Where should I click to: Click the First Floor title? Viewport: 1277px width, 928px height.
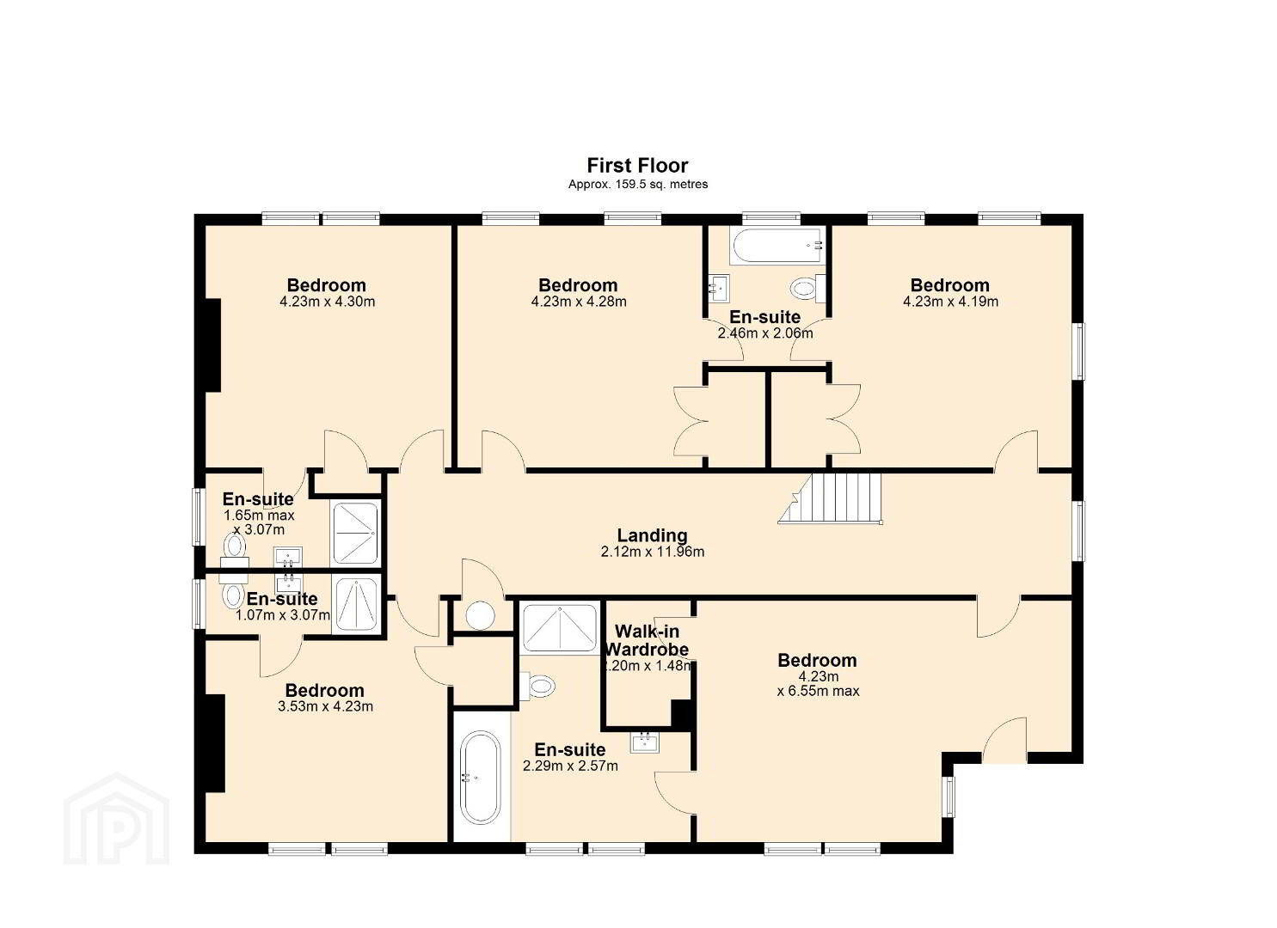point(637,166)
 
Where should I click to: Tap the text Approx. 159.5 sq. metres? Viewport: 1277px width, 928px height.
point(638,185)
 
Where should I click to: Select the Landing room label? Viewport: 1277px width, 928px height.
point(652,535)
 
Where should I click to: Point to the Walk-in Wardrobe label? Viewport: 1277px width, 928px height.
point(647,640)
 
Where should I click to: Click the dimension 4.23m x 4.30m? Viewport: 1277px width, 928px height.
point(328,302)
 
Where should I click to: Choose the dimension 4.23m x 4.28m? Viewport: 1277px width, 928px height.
point(579,302)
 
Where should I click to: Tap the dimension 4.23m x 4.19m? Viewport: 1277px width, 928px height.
point(950,302)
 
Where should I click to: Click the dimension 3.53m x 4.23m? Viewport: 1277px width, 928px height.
point(326,707)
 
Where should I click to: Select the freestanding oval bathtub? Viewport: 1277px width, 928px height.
point(480,778)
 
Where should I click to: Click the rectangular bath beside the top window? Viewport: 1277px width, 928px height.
point(777,246)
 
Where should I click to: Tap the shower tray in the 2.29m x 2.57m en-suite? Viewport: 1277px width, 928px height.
point(560,628)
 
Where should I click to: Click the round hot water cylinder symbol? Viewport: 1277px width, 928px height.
point(480,615)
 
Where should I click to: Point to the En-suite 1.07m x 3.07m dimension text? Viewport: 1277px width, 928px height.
point(283,615)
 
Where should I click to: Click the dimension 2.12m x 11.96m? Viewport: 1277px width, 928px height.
point(653,552)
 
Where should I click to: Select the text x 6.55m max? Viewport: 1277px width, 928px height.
point(818,692)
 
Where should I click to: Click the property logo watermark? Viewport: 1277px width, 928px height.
point(116,818)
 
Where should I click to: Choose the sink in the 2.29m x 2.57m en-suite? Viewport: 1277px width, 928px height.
point(645,743)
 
